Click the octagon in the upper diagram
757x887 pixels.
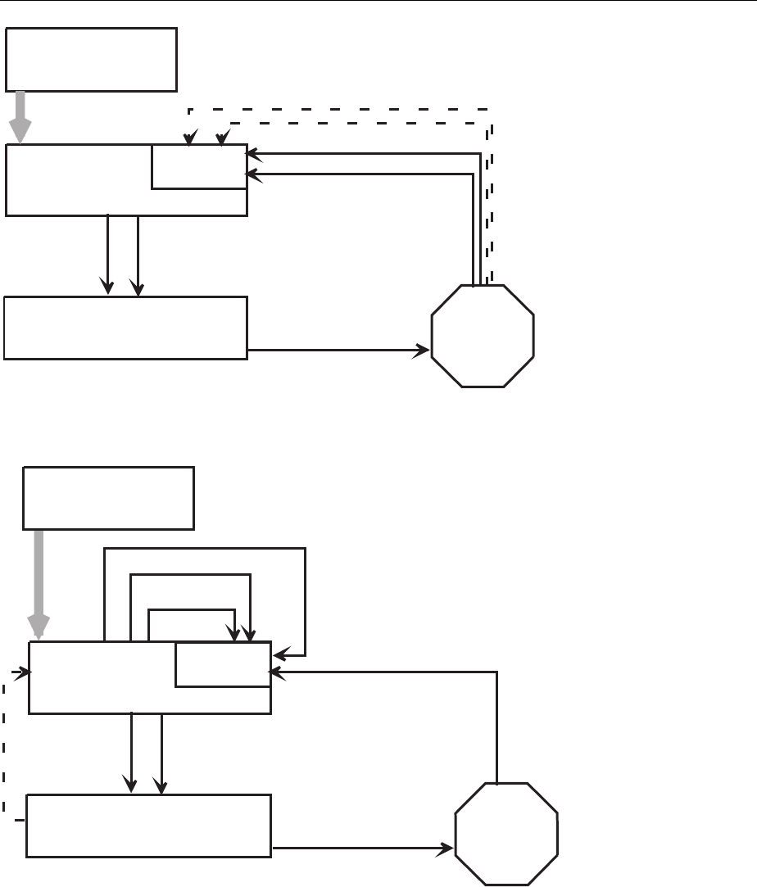(483, 336)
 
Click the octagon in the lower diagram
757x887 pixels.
(507, 834)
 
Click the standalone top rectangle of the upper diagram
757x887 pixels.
(92, 59)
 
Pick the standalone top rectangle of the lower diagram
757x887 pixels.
(108, 498)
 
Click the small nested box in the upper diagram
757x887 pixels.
(199, 167)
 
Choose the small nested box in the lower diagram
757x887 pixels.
(222, 664)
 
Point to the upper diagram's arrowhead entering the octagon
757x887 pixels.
(424, 351)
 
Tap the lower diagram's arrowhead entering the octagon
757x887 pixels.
(448, 849)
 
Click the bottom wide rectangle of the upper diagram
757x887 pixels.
(125, 328)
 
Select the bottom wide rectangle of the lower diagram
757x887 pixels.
(148, 826)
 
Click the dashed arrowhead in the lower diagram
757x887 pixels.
(24, 672)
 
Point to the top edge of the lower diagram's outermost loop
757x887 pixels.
(205, 550)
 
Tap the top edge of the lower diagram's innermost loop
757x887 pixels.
(192, 609)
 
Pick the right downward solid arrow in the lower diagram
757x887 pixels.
(161, 753)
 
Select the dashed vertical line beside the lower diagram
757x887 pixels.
(5, 745)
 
